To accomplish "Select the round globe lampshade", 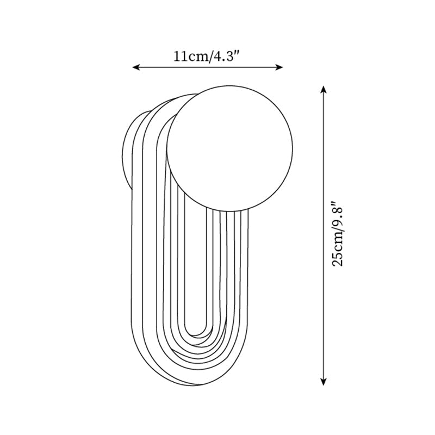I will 229,147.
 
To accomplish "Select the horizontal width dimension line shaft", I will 208,67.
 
